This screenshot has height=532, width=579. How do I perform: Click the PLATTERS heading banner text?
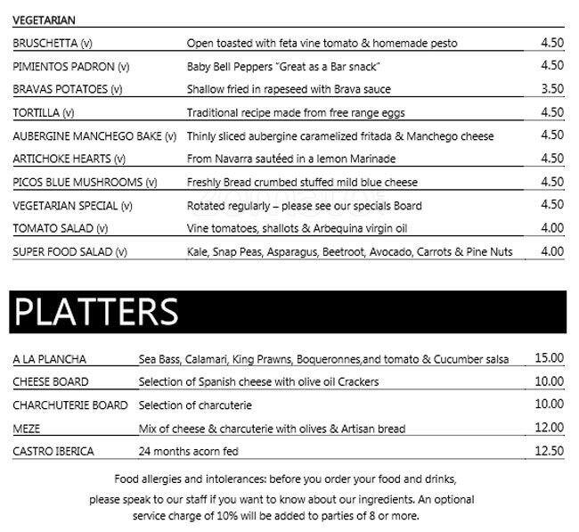click(96, 312)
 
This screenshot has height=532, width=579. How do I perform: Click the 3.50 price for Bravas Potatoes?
click(552, 89)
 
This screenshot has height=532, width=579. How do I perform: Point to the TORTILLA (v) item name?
click(44, 112)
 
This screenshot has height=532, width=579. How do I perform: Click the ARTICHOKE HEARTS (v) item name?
click(69, 159)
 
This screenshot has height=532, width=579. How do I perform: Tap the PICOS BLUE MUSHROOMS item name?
click(85, 182)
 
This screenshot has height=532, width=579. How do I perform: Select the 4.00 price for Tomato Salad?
click(552, 228)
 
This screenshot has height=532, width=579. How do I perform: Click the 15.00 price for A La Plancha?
click(549, 358)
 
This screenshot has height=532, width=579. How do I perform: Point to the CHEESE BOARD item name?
click(51, 381)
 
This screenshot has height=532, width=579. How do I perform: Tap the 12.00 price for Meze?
click(549, 428)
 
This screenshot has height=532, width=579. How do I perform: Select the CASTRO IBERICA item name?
click(53, 451)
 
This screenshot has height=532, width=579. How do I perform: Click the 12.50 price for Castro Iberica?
click(549, 451)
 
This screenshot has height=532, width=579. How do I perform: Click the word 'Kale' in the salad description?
click(198, 251)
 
